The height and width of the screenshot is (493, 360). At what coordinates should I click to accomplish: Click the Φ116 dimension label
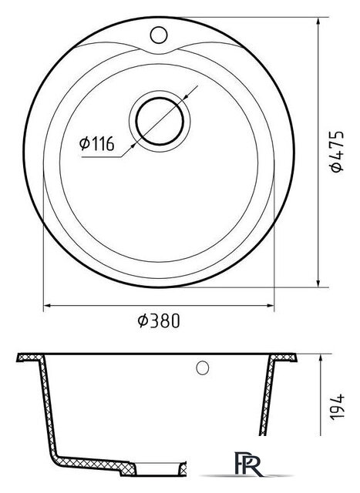[x=96, y=144]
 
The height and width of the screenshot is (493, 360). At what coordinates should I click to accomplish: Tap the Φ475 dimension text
[x=337, y=151]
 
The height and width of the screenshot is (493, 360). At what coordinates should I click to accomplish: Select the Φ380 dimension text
[x=159, y=320]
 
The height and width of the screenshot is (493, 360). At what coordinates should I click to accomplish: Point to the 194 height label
[x=337, y=406]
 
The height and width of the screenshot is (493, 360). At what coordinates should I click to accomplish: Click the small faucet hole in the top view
[x=159, y=35]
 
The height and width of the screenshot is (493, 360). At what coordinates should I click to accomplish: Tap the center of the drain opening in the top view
[x=160, y=122]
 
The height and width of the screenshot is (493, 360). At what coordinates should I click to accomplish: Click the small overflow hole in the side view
[x=202, y=368]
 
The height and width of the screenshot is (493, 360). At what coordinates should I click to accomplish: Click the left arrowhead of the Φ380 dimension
[x=47, y=305]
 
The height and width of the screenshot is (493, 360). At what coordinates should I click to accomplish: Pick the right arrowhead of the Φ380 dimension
[x=271, y=305]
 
